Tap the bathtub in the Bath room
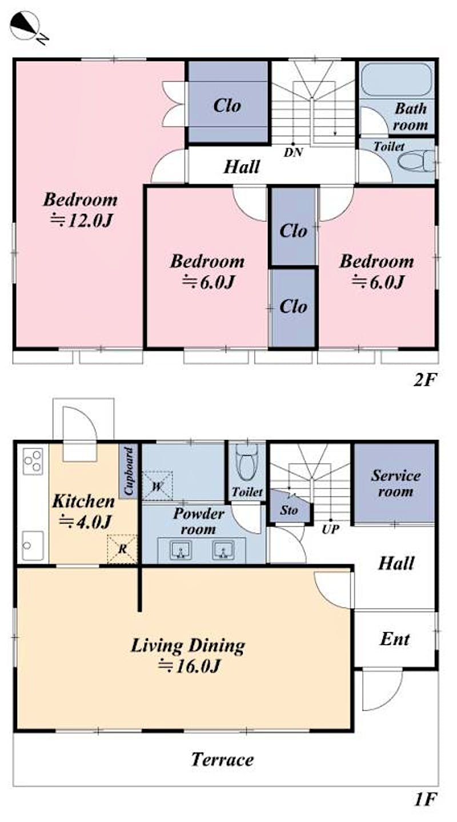pyautogui.click(x=396, y=80)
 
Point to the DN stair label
pyautogui.click(x=293, y=152)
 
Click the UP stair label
pyautogui.click(x=330, y=529)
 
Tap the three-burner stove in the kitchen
pyautogui.click(x=33, y=461)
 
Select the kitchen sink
pyautogui.click(x=33, y=546)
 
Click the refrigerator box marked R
pyautogui.click(x=122, y=549)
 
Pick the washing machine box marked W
pyautogui.click(x=157, y=486)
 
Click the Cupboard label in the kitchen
pyautogui.click(x=129, y=471)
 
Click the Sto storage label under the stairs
pyautogui.click(x=289, y=510)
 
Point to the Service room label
pyautogui.click(x=396, y=483)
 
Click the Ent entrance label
pyautogui.click(x=395, y=639)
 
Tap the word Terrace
pyautogui.click(x=223, y=759)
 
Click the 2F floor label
pyautogui.click(x=425, y=380)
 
